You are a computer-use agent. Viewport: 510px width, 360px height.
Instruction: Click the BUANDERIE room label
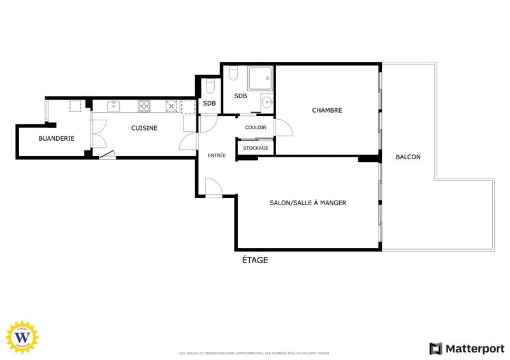pos(56,138)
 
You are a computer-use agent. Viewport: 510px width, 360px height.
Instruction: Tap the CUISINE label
pos(144,128)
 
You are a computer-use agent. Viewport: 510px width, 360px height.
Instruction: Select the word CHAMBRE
pos(326,110)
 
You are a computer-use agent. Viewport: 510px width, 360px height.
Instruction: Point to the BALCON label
pos(408,157)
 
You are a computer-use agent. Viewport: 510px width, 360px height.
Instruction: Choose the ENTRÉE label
pos(217,155)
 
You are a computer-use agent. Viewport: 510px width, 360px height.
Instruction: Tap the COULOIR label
pos(255,127)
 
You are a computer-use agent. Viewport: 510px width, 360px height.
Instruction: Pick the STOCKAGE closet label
pos(255,148)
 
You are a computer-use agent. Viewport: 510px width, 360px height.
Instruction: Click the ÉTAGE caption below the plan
pos(254,260)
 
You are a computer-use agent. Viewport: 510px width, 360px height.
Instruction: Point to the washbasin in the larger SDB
pos(266,103)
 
